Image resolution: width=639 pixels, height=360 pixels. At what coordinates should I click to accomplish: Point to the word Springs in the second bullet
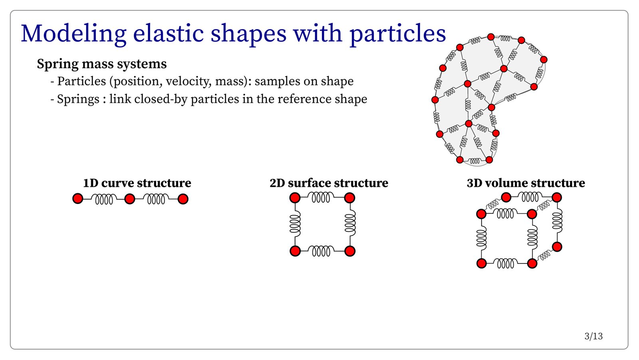point(78,99)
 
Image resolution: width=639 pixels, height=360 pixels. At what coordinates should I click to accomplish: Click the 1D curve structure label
point(137,183)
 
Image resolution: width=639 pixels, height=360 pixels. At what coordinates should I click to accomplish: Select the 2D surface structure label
point(329,183)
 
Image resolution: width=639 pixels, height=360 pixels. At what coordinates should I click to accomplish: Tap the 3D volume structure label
point(526,183)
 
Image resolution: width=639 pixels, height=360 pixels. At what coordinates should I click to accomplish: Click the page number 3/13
point(593,336)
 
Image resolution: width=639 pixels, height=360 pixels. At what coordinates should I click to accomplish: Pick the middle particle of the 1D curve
point(130,199)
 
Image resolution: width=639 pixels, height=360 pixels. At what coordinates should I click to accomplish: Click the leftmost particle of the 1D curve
point(77,198)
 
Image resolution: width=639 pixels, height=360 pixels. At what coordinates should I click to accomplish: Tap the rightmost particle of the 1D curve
point(183,199)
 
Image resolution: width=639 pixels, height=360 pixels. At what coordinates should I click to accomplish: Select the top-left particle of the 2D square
point(295,198)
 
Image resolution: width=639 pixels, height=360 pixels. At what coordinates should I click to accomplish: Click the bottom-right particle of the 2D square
point(350,251)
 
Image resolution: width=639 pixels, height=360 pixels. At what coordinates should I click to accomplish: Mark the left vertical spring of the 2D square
point(295,224)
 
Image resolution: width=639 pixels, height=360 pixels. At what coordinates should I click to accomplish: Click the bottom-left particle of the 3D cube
point(482,263)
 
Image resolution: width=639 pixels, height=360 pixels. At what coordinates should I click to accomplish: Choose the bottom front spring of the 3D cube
point(507,263)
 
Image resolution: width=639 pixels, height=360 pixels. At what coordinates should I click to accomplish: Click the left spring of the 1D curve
point(104,199)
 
